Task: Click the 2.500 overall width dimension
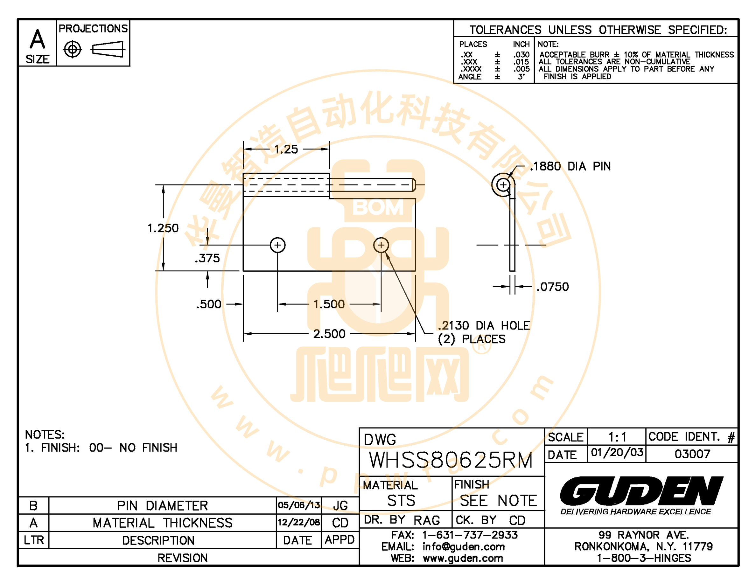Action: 329,334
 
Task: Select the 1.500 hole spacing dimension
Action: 329,304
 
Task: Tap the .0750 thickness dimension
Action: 552,287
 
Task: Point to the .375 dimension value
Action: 207,258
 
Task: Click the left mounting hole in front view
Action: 278,245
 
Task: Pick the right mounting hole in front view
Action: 381,245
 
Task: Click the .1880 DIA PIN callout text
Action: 570,166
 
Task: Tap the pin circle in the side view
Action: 503,185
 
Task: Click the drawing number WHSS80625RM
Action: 451,460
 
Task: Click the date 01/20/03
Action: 617,452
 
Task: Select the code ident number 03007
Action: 692,454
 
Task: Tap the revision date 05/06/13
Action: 299,505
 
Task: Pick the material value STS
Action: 401,501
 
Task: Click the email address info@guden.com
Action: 464,547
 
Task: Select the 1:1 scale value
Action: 617,437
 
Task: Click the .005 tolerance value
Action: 521,69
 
